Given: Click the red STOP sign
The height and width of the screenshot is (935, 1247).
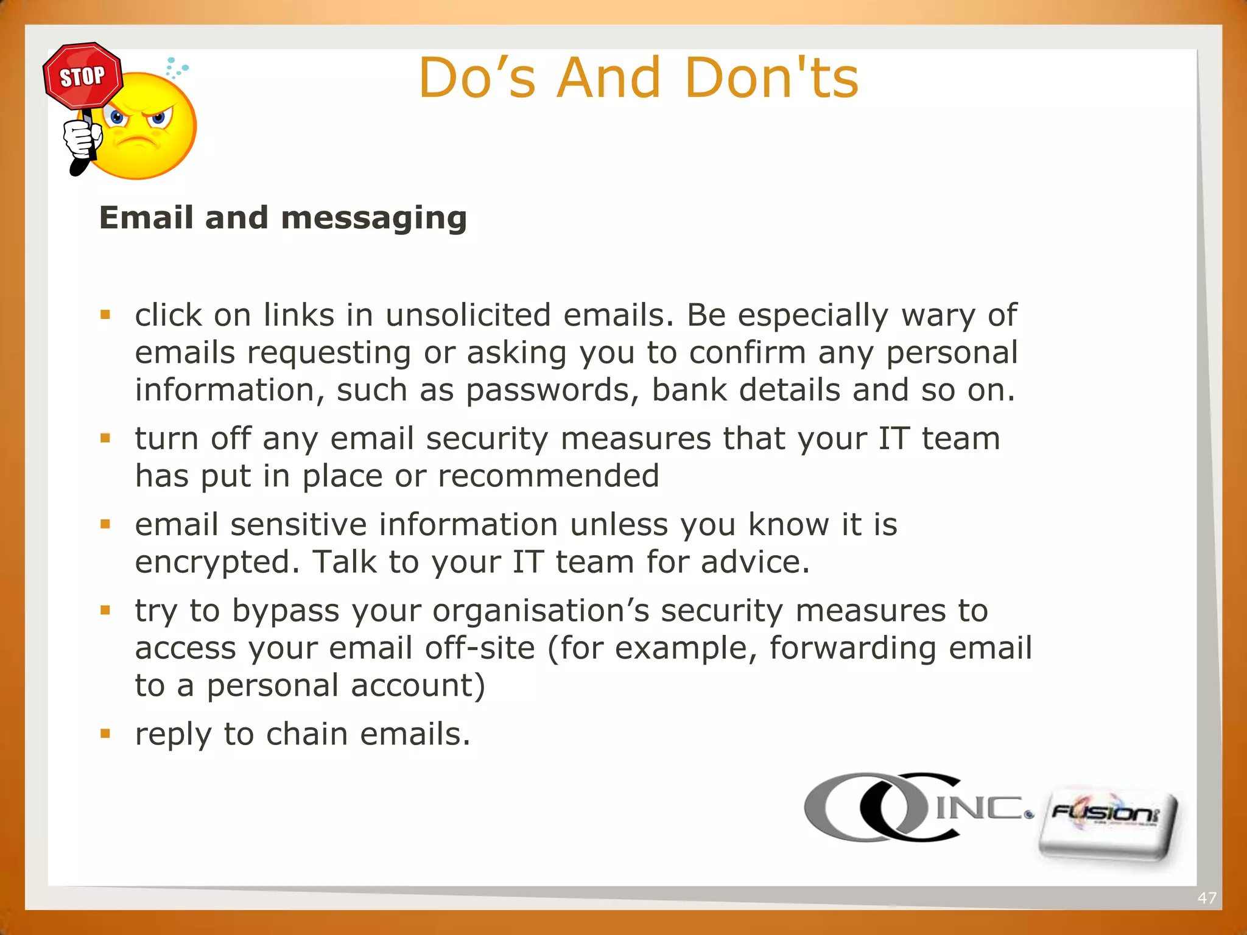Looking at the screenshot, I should pos(83,76).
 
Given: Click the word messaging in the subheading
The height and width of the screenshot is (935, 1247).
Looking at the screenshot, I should pos(374,219).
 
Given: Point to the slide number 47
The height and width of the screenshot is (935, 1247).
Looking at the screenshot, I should pos(1207,898).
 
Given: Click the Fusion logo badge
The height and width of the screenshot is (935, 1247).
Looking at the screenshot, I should pos(1107,825).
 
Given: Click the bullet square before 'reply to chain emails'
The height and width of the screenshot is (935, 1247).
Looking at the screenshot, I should pos(106,734).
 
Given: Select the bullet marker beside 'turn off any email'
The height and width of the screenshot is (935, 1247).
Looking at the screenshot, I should pos(106,438).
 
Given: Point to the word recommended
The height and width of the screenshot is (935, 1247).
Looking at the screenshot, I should pos(549,476).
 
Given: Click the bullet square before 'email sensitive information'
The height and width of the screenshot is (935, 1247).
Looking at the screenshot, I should pos(106,524).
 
